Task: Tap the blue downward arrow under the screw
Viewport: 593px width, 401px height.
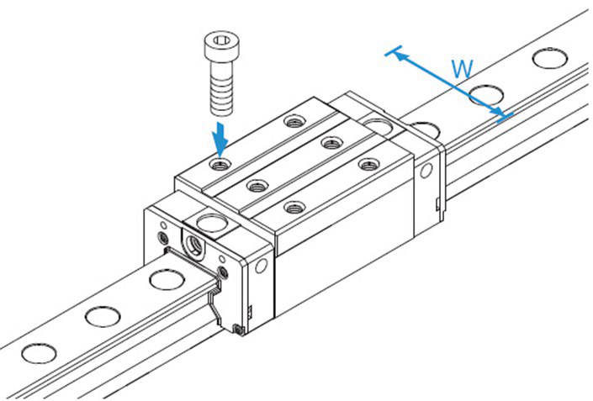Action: [x=220, y=135]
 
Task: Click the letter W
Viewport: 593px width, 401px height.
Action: [x=461, y=70]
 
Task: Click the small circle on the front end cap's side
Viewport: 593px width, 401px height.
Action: [x=261, y=266]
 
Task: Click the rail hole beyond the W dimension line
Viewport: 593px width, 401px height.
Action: [x=549, y=58]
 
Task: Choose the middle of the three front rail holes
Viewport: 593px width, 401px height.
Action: [x=102, y=315]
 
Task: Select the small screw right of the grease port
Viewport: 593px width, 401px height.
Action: [x=222, y=271]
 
